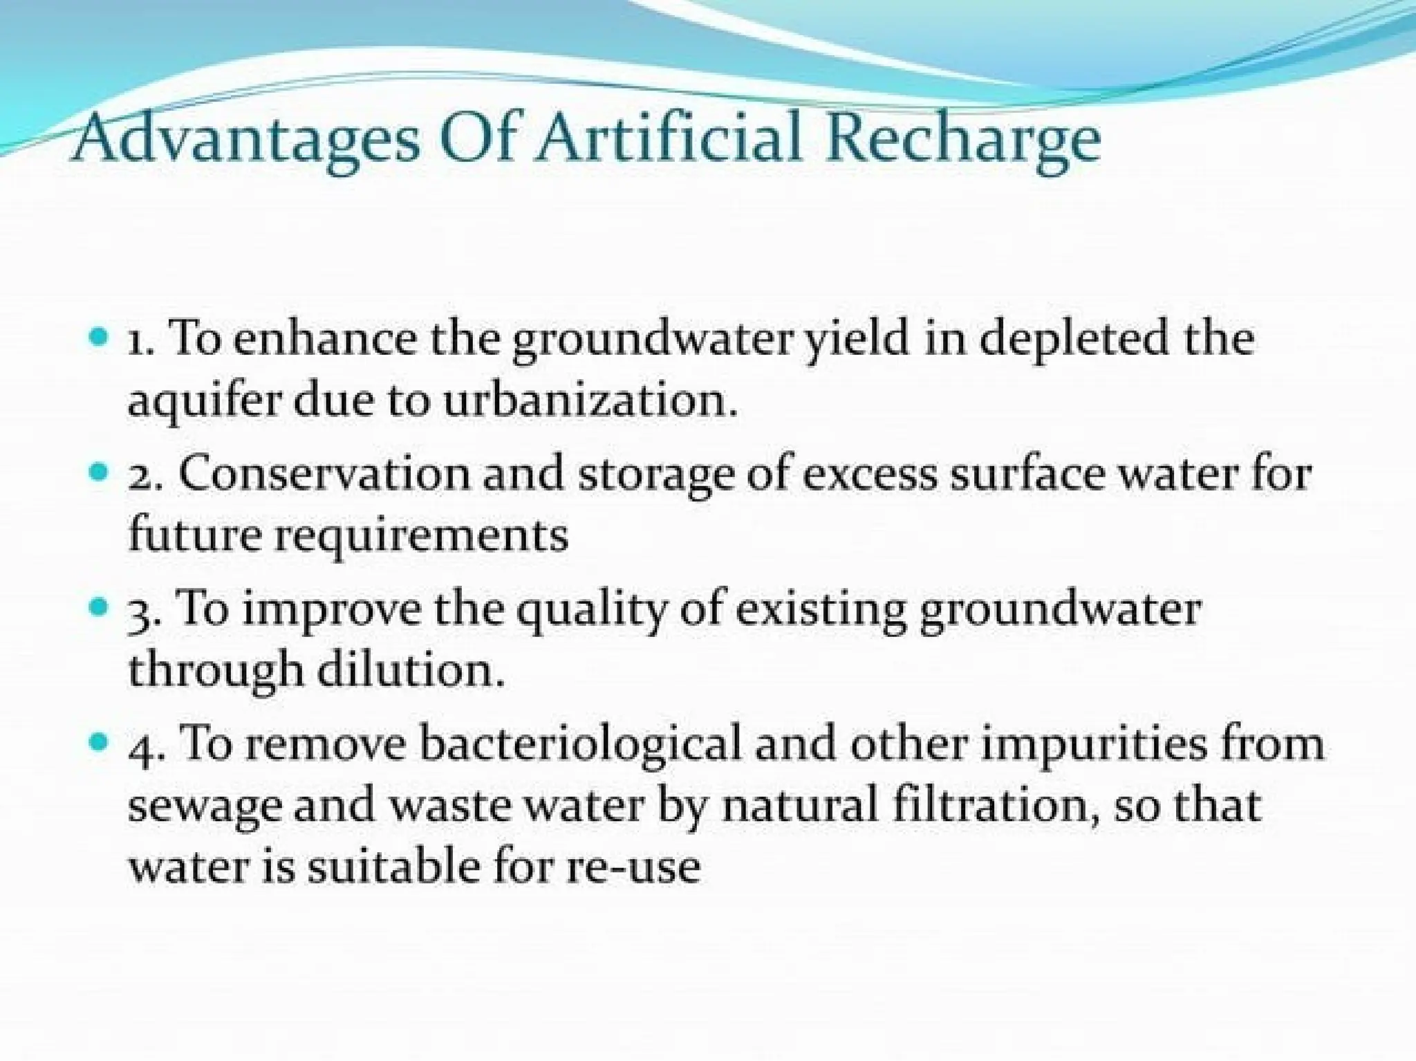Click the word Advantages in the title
point(245,141)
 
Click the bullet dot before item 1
point(100,338)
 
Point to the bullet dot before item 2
point(100,474)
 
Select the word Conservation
point(324,474)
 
